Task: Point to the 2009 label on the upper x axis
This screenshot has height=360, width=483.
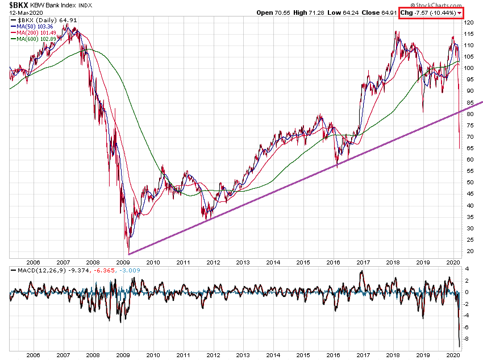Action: (123, 263)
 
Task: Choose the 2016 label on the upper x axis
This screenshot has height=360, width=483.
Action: (333, 263)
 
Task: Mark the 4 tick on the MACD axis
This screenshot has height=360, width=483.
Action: (467, 269)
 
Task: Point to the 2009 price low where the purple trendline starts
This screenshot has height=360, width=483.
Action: (129, 254)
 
